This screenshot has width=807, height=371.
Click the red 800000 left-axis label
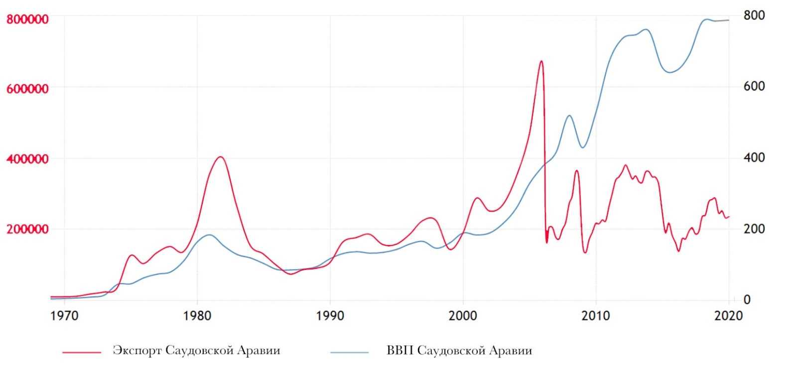click(x=27, y=19)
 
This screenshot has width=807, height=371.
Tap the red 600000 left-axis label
click(x=27, y=89)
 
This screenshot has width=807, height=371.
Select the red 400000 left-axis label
click(x=27, y=159)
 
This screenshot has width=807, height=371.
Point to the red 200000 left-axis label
click(x=27, y=230)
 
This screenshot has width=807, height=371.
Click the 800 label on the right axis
click(x=754, y=16)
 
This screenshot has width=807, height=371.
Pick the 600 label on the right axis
click(x=754, y=87)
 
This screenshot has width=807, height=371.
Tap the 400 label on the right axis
click(x=754, y=158)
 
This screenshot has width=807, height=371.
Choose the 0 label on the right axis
click(x=747, y=300)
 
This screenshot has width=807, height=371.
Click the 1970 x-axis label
click(x=64, y=316)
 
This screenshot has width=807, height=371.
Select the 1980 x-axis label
click(x=197, y=316)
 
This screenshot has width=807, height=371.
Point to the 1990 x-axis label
click(x=330, y=316)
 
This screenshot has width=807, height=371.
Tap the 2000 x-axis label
click(x=463, y=316)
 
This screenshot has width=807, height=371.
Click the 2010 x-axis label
click(x=596, y=316)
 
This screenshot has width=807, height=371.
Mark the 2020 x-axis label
click(x=729, y=316)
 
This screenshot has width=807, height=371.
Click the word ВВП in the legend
click(x=400, y=351)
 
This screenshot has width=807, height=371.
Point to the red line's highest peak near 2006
click(x=541, y=61)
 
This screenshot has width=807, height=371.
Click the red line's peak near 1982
click(x=220, y=157)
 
